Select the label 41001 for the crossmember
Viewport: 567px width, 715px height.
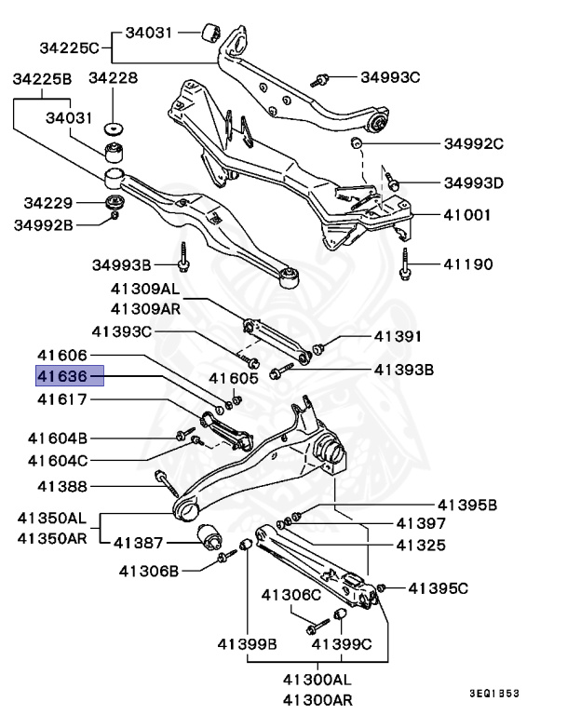pyautogui.click(x=467, y=214)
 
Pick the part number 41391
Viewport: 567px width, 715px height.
pyautogui.click(x=398, y=336)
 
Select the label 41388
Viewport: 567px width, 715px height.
pyautogui.click(x=62, y=486)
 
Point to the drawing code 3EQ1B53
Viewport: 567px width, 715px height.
pyautogui.click(x=494, y=694)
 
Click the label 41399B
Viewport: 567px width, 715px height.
pyautogui.click(x=248, y=643)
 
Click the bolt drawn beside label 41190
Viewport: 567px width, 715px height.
pyautogui.click(x=406, y=264)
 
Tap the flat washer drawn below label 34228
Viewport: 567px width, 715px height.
pyautogui.click(x=115, y=128)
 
